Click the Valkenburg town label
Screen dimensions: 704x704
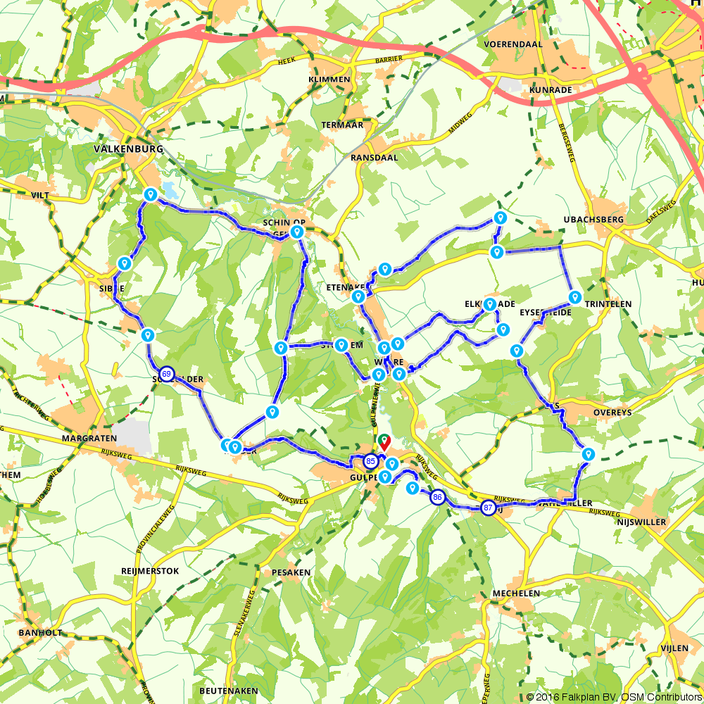pos(128,149)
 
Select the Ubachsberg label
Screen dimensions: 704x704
pos(593,220)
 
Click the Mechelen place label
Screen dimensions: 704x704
pos(516,593)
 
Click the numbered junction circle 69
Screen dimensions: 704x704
pos(166,374)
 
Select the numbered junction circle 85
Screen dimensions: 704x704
pos(370,462)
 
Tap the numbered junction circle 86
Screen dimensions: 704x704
pos(438,497)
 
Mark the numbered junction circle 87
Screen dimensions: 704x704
pos(488,507)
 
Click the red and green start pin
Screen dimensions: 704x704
pos(384,442)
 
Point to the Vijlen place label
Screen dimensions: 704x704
pos(675,646)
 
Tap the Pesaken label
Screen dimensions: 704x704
pos(291,572)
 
